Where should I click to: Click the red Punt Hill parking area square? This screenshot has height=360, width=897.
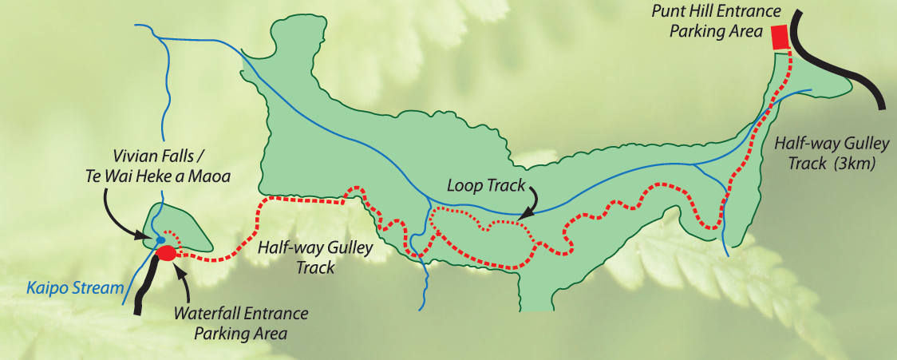780,38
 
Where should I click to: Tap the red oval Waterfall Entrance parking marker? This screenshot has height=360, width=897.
166,254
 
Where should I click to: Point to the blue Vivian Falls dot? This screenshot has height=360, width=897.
160,239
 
